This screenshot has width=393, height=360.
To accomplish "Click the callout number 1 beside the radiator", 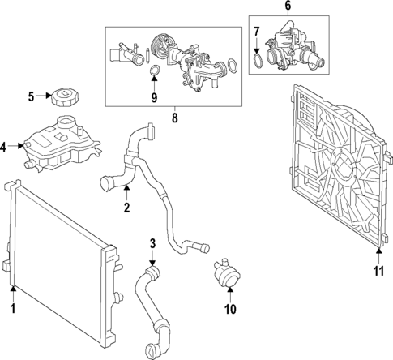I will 13,308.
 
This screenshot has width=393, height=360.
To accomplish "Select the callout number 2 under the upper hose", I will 126,208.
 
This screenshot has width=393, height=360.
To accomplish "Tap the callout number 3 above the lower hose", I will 152,243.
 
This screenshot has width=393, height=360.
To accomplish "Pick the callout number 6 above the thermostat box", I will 287,6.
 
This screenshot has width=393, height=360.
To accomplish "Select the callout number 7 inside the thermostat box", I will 256,32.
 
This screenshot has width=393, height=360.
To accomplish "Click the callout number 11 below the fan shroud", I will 379,273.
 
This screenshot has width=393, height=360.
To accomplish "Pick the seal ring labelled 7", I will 257,59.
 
